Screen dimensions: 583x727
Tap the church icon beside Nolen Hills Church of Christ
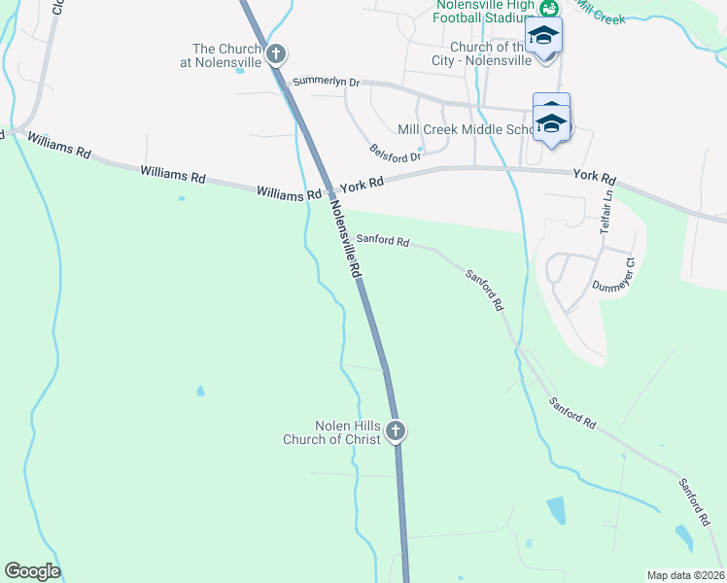(x=395, y=430)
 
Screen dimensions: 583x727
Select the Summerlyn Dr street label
(x=326, y=82)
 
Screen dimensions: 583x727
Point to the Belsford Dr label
(x=395, y=154)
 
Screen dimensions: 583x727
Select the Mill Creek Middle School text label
(x=466, y=129)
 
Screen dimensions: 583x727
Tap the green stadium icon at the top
(x=550, y=9)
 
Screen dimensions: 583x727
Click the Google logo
(x=32, y=571)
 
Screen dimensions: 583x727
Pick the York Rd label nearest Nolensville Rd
(x=362, y=181)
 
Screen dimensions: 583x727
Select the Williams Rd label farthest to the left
(x=59, y=146)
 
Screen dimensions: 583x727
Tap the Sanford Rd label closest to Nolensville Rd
(x=382, y=239)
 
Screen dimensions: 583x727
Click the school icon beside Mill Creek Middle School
(x=551, y=121)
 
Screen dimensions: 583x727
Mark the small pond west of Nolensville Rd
(x=200, y=392)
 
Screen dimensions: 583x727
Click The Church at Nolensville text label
(x=227, y=55)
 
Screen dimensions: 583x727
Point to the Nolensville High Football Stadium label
(x=483, y=10)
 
